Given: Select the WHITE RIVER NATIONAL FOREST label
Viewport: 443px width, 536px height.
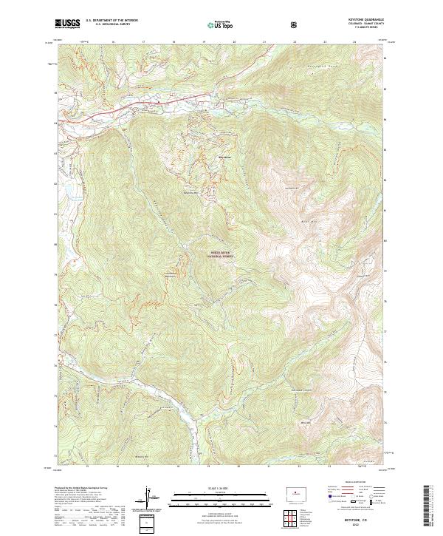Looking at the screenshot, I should pyautogui.click(x=220, y=254).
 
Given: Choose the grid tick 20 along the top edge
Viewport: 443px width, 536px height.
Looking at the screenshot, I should pyautogui.click(x=234, y=42).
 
